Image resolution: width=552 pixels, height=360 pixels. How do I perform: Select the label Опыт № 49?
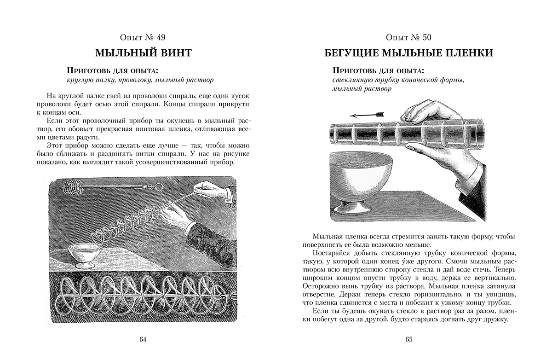click(143, 38)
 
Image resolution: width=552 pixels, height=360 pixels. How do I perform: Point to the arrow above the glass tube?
click(366, 113)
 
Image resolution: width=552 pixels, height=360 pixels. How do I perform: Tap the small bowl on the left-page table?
click(86, 254)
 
